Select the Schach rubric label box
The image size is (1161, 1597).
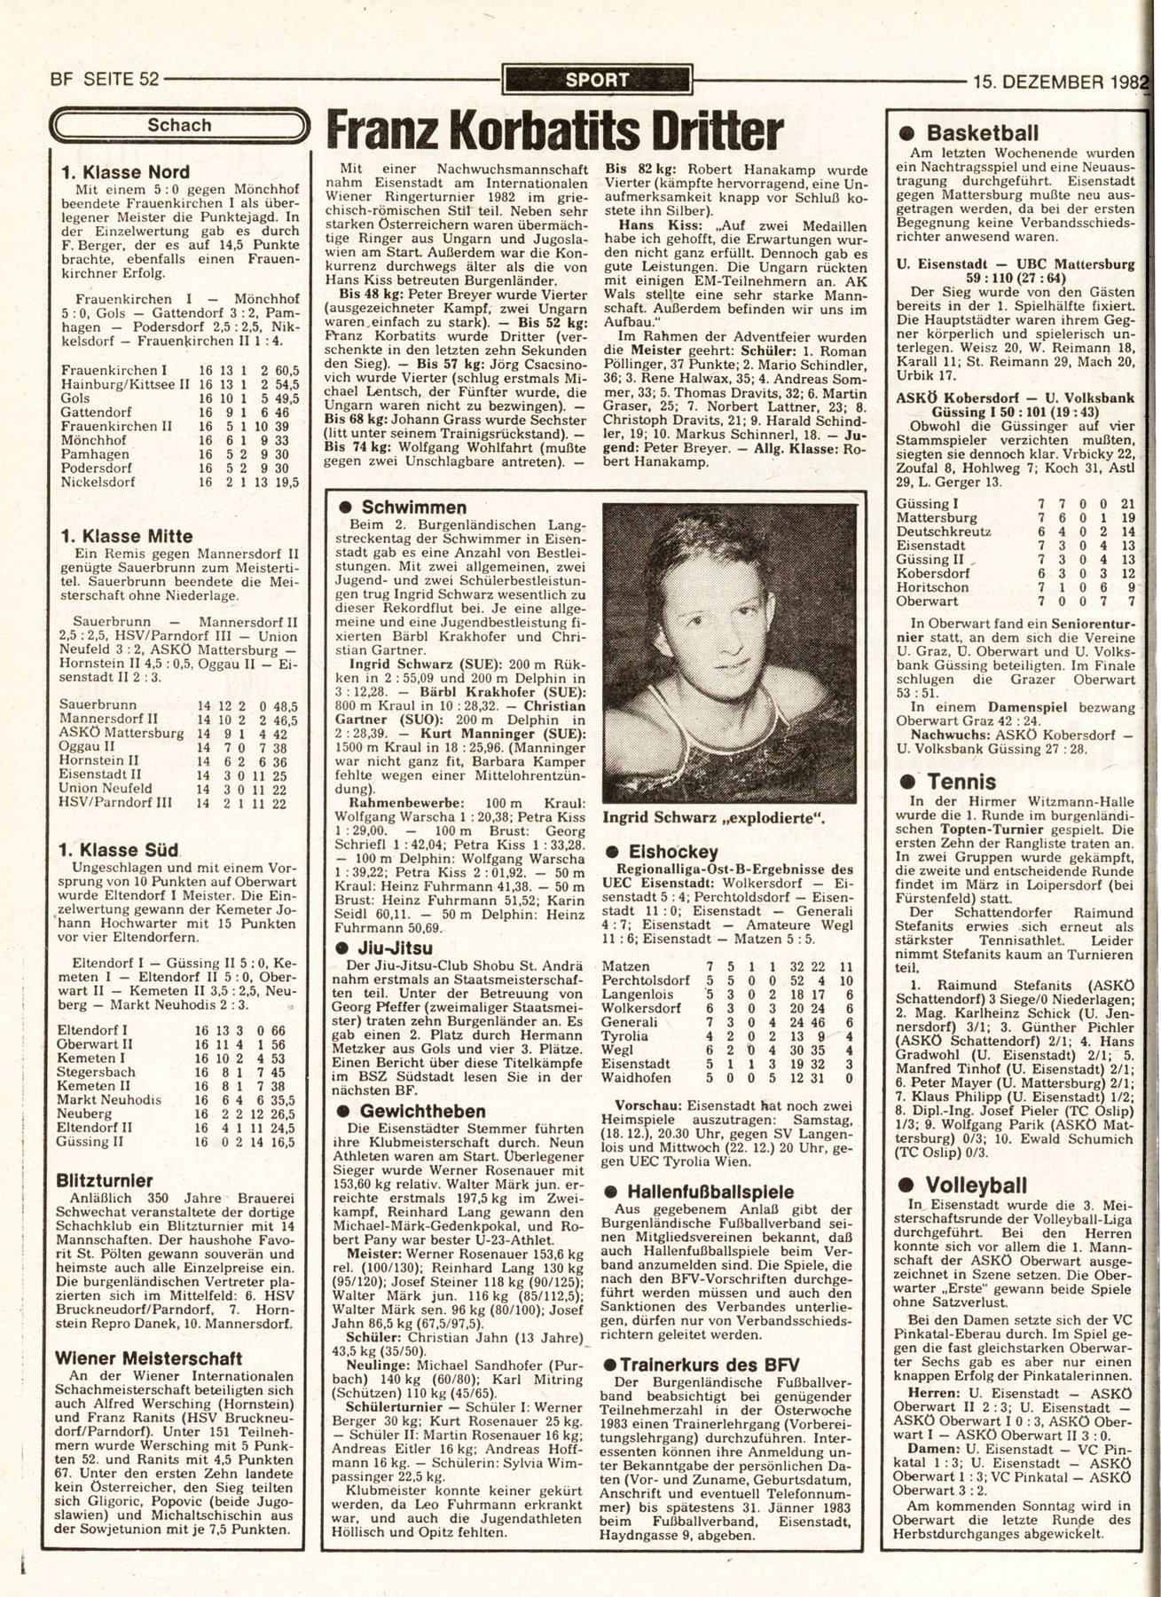180,125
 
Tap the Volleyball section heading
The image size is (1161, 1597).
977,1186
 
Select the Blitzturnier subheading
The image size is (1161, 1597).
105,1181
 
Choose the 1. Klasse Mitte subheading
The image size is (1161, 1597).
126,536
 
